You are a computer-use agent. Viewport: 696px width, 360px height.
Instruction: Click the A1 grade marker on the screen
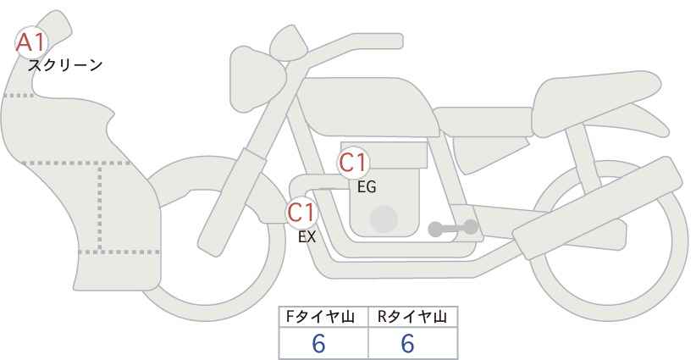[31, 42]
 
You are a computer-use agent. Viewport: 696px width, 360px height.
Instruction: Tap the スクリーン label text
[65, 66]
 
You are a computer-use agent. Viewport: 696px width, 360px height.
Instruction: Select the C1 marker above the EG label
[353, 163]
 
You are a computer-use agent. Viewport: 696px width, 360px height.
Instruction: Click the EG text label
[367, 187]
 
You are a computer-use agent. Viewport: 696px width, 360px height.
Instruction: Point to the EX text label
[307, 237]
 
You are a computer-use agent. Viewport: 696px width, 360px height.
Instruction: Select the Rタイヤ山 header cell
[413, 317]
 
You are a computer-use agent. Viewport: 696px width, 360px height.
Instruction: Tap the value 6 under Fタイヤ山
[318, 344]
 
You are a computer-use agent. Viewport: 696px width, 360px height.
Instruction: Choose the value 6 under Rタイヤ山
[407, 344]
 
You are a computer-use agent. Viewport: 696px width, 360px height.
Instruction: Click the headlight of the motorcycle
[257, 79]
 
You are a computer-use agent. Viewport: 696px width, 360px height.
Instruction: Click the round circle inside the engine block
[384, 219]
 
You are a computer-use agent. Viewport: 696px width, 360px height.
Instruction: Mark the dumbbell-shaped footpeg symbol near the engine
[453, 228]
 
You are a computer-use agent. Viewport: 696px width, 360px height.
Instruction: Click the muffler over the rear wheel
[598, 208]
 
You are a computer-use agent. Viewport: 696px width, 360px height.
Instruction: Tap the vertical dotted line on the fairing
[100, 208]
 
